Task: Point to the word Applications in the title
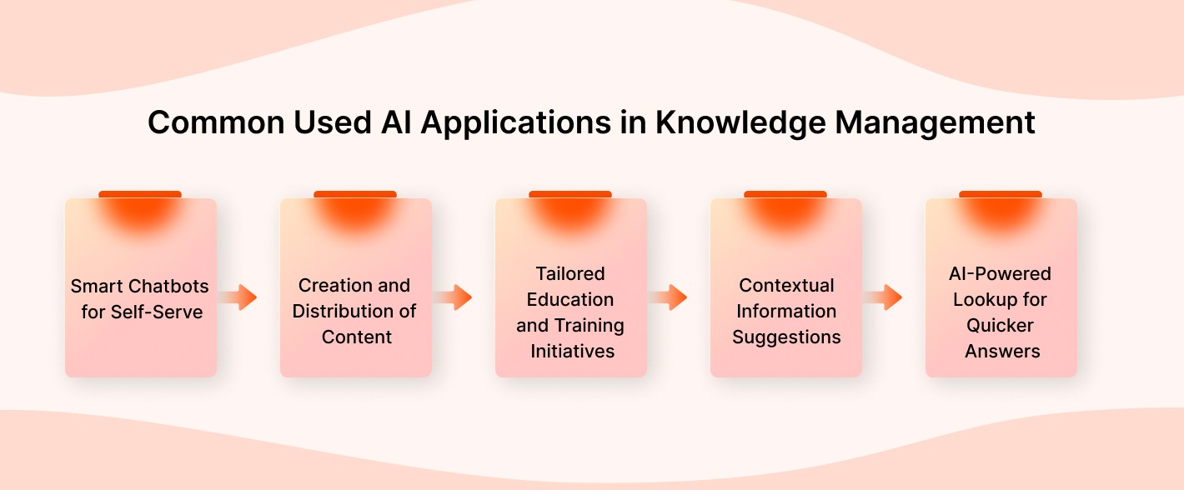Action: click(515, 123)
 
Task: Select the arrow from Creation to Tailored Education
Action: click(457, 297)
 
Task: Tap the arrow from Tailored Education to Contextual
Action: click(672, 297)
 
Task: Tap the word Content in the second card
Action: click(356, 337)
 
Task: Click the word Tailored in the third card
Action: click(570, 273)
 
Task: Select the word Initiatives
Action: click(572, 351)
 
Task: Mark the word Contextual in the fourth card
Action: click(786, 285)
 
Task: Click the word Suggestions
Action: click(786, 337)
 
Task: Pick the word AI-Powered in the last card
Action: click(1001, 273)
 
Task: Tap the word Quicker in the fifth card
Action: click(1001, 325)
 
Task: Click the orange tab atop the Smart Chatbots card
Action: click(140, 195)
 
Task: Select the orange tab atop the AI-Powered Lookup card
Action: click(1001, 195)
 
